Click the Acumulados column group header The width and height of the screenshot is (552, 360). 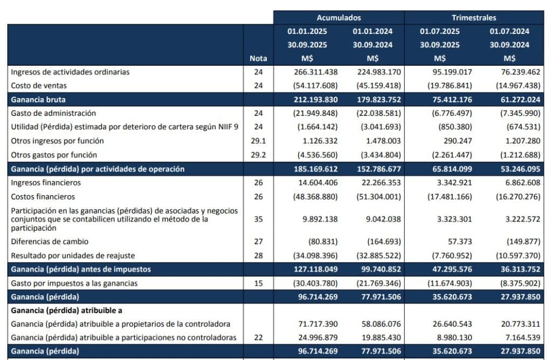coord(339,18)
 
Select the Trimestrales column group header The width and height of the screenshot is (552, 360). coord(474,18)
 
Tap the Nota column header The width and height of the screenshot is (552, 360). coord(258,58)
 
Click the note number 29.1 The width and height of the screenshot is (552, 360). coord(258,141)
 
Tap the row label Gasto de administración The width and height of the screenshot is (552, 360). coord(53,113)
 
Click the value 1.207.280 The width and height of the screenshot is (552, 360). coord(509,141)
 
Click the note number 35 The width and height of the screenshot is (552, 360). coord(258,219)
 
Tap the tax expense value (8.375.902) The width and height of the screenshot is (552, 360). coord(509,283)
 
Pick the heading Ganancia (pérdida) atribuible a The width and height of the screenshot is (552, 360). coord(67,310)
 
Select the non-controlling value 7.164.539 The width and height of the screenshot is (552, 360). coord(509,337)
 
